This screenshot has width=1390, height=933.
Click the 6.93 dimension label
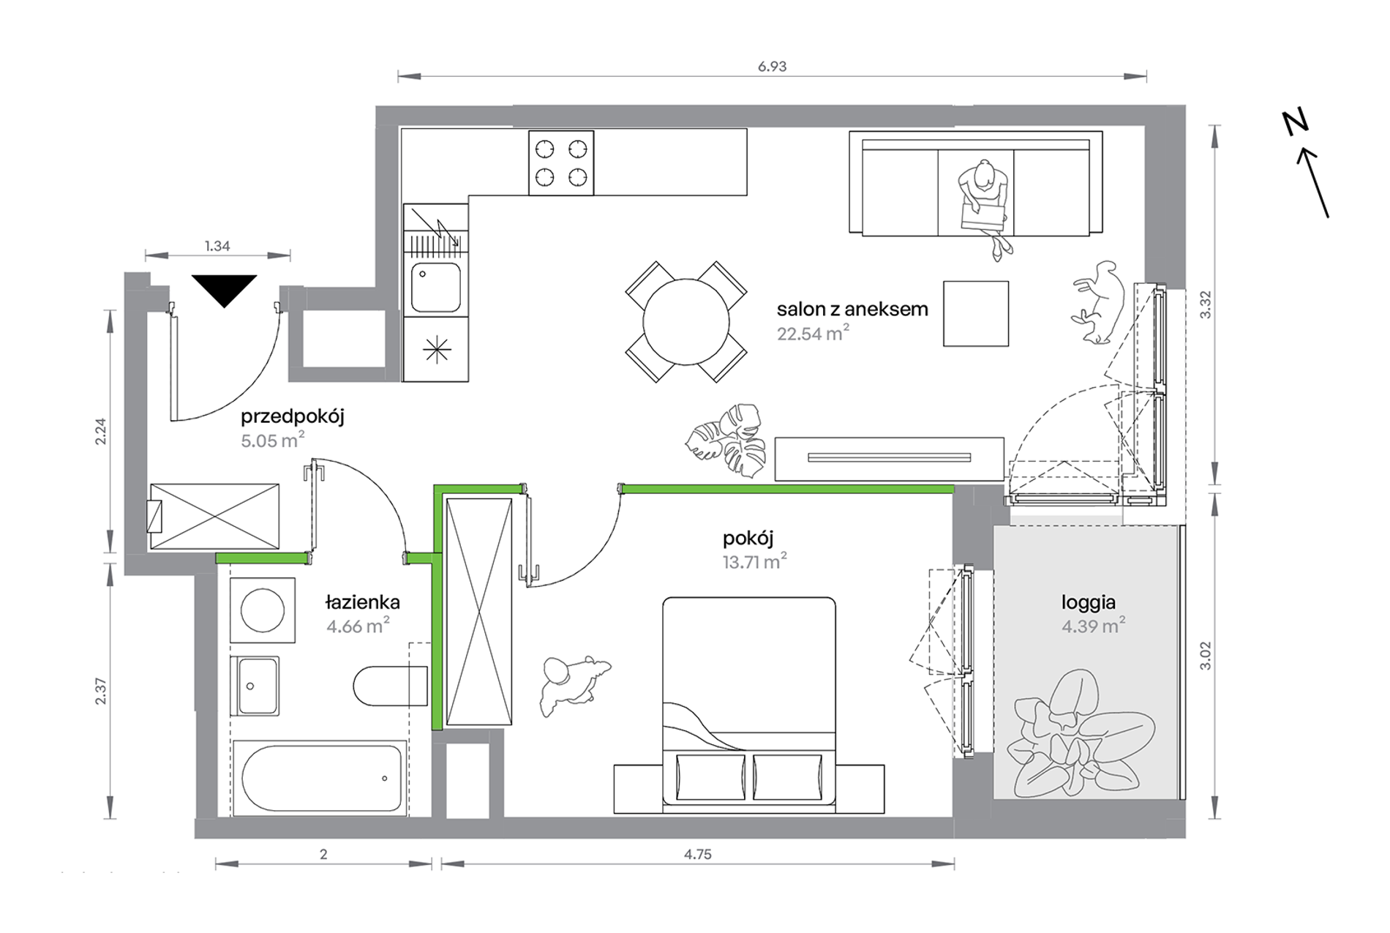tap(772, 67)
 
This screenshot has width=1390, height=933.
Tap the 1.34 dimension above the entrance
tap(217, 246)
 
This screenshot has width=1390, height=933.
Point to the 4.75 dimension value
tap(697, 854)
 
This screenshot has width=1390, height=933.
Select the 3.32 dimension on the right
tap(1206, 304)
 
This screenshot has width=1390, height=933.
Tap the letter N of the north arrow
tap(1296, 122)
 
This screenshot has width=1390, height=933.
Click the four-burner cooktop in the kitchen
tap(561, 162)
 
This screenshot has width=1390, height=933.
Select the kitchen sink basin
tap(436, 288)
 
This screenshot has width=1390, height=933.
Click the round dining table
tap(686, 322)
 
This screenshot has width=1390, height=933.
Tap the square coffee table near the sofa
tap(976, 313)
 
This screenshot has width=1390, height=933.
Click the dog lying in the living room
tap(1098, 301)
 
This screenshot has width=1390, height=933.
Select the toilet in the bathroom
tap(391, 686)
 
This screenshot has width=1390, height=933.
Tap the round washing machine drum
tap(263, 610)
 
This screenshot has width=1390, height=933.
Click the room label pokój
tap(748, 539)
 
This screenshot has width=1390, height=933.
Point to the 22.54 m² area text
tap(813, 334)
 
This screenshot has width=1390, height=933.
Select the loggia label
tap(1089, 603)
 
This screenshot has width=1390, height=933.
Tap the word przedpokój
tap(293, 417)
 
